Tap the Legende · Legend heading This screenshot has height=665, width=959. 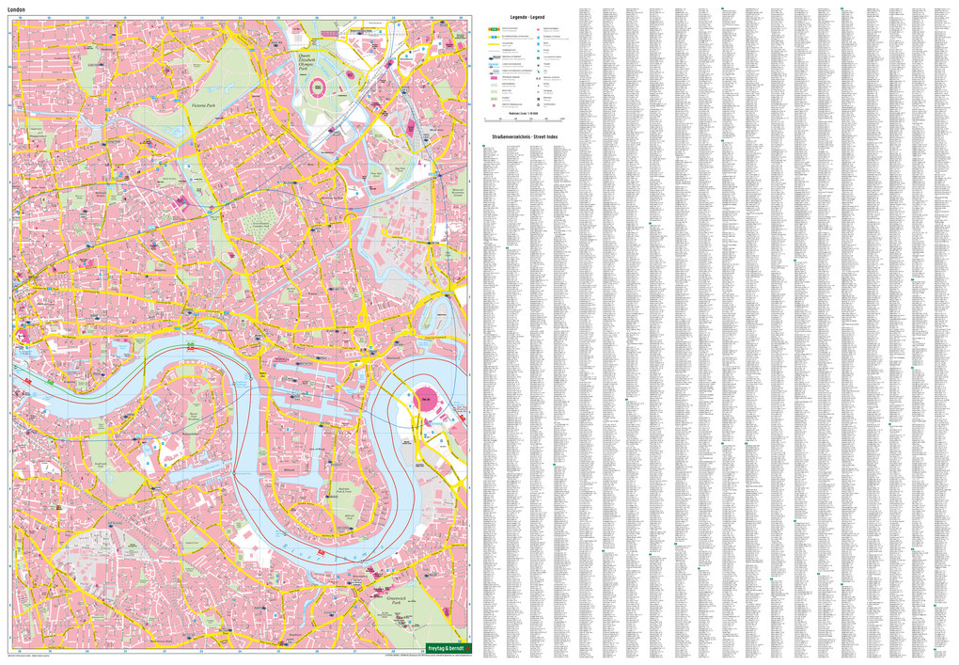point(527,18)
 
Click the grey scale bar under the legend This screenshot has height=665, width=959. point(523,119)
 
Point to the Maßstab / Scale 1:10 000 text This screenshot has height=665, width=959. point(523,113)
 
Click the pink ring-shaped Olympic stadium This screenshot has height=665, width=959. point(319,87)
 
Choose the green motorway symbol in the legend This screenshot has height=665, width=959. point(493,29)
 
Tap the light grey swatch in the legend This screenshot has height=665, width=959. point(493,89)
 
